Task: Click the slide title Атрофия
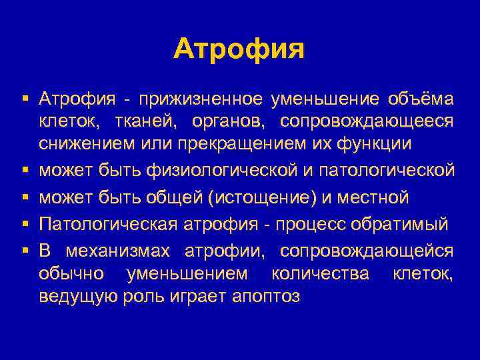(x=239, y=49)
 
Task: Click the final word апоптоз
(x=265, y=295)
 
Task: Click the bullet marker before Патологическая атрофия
(x=25, y=224)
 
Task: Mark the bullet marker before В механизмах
(x=25, y=251)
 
